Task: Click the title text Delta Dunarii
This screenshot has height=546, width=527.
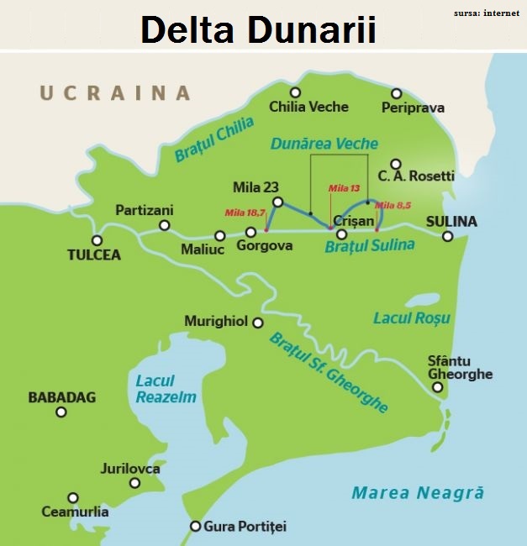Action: (x=257, y=29)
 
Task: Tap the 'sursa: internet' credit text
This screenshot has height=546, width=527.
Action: (x=487, y=13)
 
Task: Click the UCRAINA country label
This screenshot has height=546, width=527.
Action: (x=115, y=92)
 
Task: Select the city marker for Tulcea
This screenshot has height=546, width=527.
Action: (x=97, y=240)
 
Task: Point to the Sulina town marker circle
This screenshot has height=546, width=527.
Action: (x=448, y=237)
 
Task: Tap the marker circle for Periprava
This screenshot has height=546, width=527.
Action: (x=396, y=93)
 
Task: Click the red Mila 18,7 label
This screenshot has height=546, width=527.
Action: (x=240, y=213)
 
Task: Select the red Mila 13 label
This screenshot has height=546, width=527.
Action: (x=344, y=188)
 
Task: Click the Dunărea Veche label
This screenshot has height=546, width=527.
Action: (x=324, y=144)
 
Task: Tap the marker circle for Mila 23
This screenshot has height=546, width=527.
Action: (x=278, y=202)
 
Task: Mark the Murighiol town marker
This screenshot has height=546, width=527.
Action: (x=258, y=323)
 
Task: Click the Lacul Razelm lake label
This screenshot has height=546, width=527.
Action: (x=166, y=389)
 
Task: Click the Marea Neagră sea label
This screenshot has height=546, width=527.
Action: (x=418, y=493)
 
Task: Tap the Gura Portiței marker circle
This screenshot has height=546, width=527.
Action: (x=195, y=527)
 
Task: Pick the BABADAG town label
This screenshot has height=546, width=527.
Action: (x=62, y=396)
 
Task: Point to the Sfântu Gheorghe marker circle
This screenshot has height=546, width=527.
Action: (x=438, y=387)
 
